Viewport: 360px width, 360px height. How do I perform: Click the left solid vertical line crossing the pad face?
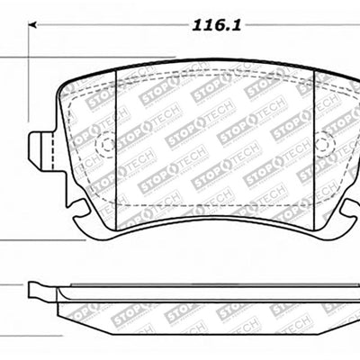pos(120,144)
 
